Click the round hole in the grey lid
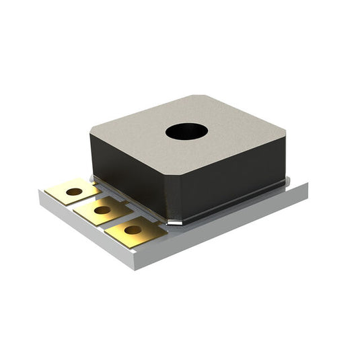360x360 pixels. click(186, 131)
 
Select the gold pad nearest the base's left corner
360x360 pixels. click(72, 192)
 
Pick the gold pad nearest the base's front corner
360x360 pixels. click(135, 230)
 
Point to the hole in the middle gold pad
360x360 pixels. click(102, 210)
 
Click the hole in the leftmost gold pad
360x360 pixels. click(74, 192)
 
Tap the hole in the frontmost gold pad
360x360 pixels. click(133, 229)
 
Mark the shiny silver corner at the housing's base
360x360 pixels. click(174, 221)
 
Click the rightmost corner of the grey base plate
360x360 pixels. click(308, 187)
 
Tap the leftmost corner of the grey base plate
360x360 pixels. click(40, 194)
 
